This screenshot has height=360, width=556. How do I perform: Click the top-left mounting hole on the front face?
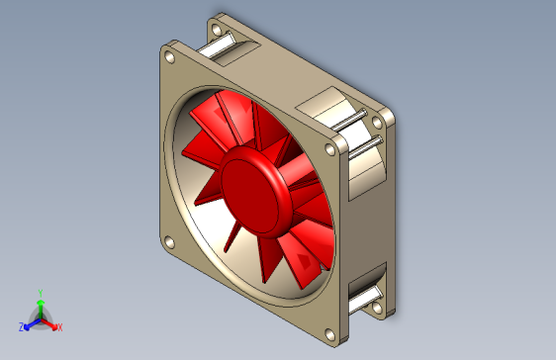point(170,57)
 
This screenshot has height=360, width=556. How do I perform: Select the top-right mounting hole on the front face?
point(330,149)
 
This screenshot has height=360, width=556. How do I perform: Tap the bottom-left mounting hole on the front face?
point(170,242)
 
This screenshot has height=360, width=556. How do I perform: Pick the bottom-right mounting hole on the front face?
point(330,335)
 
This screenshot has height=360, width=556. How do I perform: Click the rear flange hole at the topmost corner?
point(217,30)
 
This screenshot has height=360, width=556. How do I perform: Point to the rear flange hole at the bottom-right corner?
point(378,308)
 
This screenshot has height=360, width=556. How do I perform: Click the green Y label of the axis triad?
point(41,293)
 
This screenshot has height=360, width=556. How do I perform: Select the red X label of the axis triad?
point(60,327)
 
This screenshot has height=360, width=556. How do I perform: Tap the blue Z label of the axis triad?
point(21,327)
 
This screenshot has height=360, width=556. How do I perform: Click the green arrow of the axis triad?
point(41,309)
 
